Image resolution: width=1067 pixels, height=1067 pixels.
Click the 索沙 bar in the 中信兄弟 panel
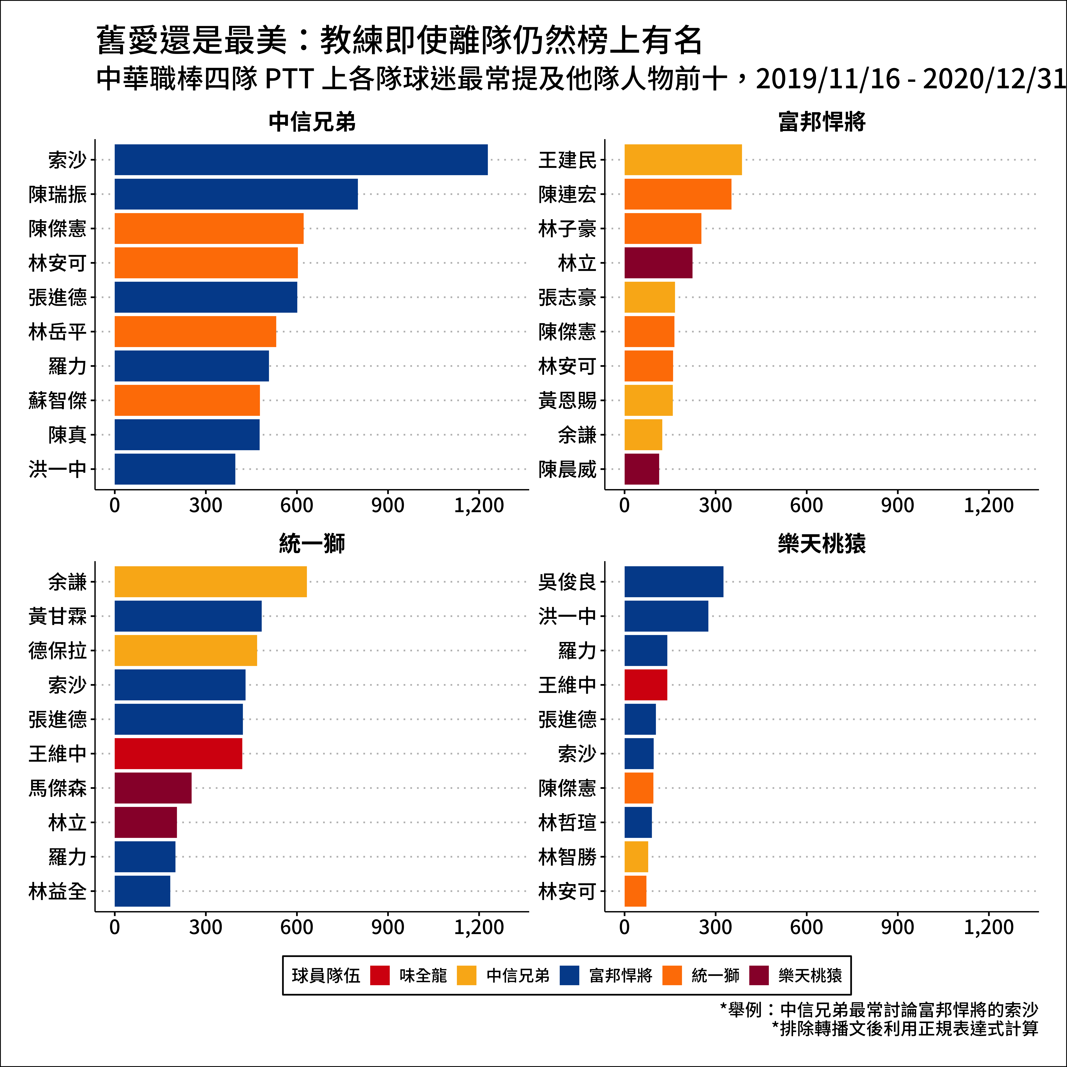pyautogui.click(x=301, y=160)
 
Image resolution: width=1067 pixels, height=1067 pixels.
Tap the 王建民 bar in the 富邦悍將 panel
pyautogui.click(x=683, y=160)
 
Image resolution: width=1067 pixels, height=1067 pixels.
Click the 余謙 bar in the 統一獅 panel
pyautogui.click(x=210, y=582)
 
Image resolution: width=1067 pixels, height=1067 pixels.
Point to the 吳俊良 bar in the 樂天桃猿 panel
pyautogui.click(x=674, y=582)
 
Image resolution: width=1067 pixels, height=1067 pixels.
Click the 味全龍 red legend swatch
pyautogui.click(x=380, y=975)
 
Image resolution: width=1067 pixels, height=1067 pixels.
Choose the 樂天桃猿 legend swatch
pyautogui.click(x=759, y=975)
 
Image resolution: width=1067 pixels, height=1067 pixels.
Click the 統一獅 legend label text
pyautogui.click(x=715, y=975)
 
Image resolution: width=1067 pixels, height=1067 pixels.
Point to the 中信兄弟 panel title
pyautogui.click(x=312, y=122)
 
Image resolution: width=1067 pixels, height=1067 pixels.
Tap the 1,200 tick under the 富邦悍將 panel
pyautogui.click(x=989, y=505)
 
